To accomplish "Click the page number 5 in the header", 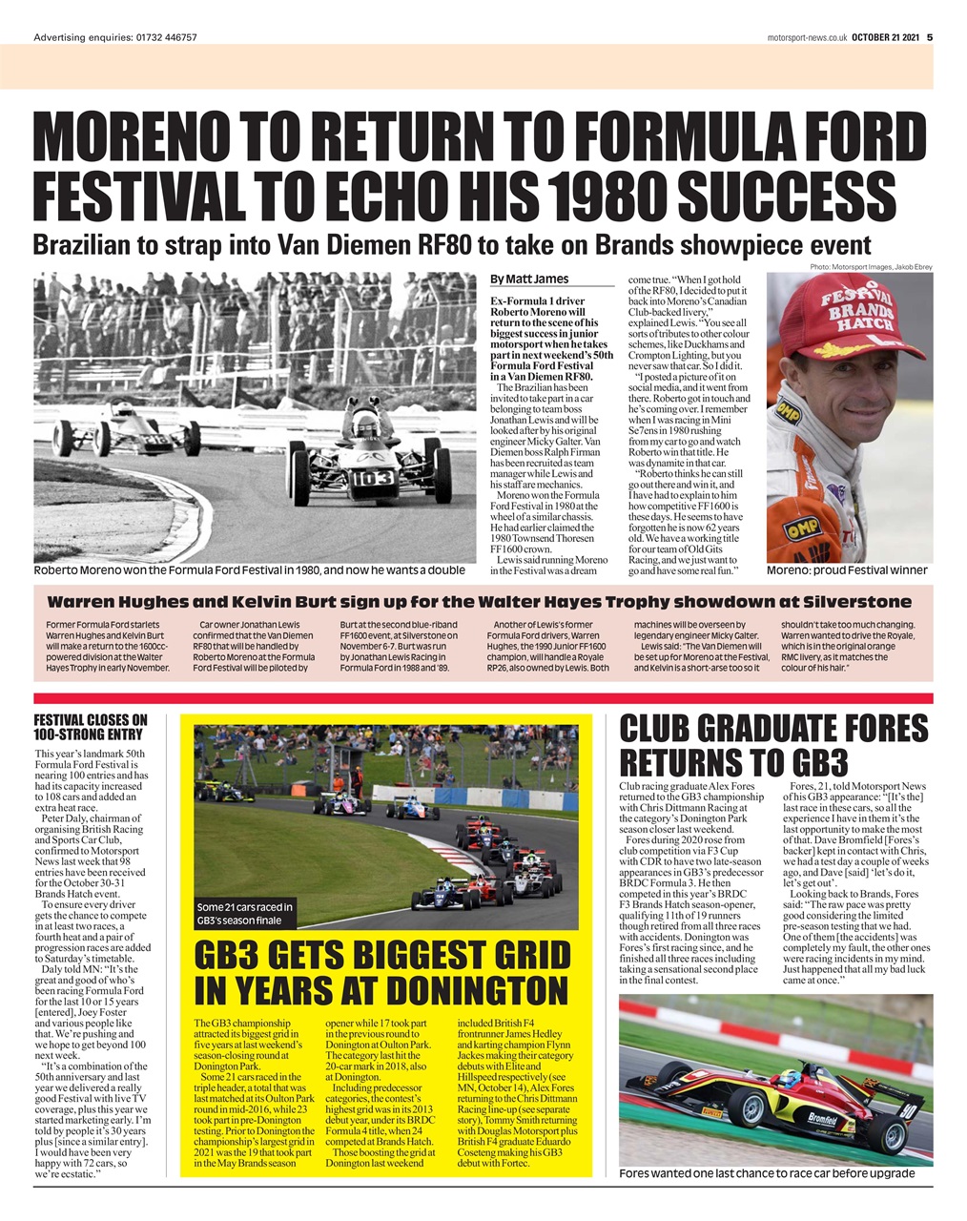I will click(929, 37).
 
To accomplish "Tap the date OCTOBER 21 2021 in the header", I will click(886, 37).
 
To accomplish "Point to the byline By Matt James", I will click(529, 279).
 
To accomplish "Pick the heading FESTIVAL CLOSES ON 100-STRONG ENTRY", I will click(91, 727).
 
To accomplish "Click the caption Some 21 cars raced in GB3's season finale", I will click(245, 913).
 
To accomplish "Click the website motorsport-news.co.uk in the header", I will click(806, 37).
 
